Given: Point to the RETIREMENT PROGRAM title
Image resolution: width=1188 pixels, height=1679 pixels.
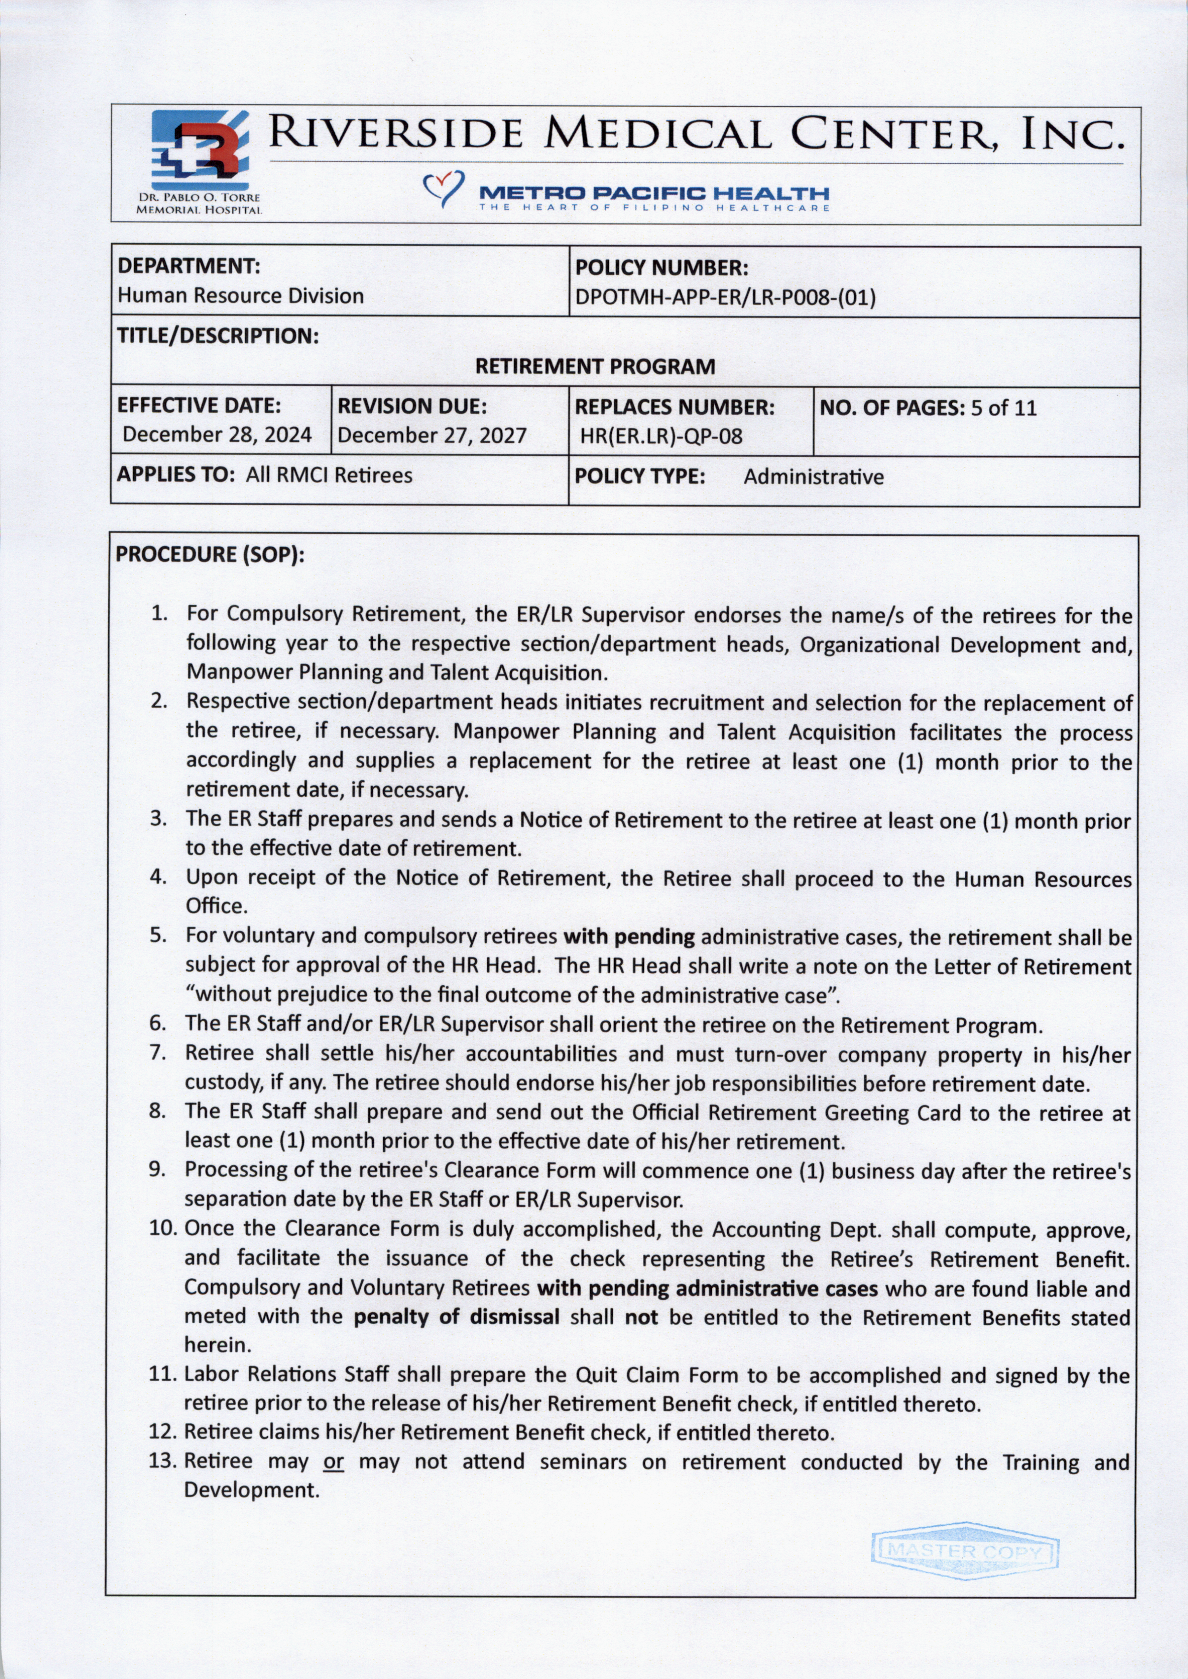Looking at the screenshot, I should point(595,366).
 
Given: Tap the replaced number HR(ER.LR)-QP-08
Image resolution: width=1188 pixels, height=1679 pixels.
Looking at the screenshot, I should point(661,437).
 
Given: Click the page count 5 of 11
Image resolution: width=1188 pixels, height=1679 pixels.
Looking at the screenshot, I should point(1003,408).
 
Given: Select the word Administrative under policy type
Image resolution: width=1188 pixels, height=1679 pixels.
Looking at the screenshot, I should point(813,477).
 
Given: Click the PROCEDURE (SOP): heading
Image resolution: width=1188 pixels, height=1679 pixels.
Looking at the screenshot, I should point(210,554).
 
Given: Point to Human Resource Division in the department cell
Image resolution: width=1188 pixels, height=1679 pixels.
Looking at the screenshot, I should point(240,296).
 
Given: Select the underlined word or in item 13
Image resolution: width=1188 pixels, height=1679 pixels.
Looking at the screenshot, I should point(333,1462).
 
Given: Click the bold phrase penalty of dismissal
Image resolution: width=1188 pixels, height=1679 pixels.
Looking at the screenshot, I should point(457,1317).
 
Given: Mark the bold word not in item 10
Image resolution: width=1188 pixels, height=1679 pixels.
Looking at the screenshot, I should point(641,1317).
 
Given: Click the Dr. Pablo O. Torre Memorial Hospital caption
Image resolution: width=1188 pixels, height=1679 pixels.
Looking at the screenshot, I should point(199,204).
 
